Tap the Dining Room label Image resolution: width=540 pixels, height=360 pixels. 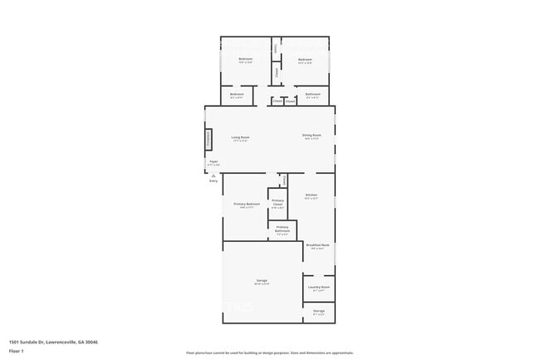(x=312, y=137)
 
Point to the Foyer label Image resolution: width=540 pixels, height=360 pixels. (x=214, y=160)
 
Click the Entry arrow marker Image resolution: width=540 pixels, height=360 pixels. (x=214, y=175)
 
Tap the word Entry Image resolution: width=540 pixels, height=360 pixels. (x=214, y=180)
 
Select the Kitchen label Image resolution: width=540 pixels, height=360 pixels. (x=311, y=195)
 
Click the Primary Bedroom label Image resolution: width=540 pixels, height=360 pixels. (x=247, y=204)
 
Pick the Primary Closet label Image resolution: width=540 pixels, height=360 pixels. (x=277, y=202)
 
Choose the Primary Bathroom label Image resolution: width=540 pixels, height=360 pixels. (x=282, y=227)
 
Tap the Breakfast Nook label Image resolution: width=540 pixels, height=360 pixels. (x=318, y=245)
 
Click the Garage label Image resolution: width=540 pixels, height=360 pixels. (x=261, y=280)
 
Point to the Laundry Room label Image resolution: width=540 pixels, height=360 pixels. (x=319, y=287)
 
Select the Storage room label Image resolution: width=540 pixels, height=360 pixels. (x=319, y=310)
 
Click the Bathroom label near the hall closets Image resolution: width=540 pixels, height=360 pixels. (x=313, y=94)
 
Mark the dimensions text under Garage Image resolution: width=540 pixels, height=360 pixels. (x=261, y=284)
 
